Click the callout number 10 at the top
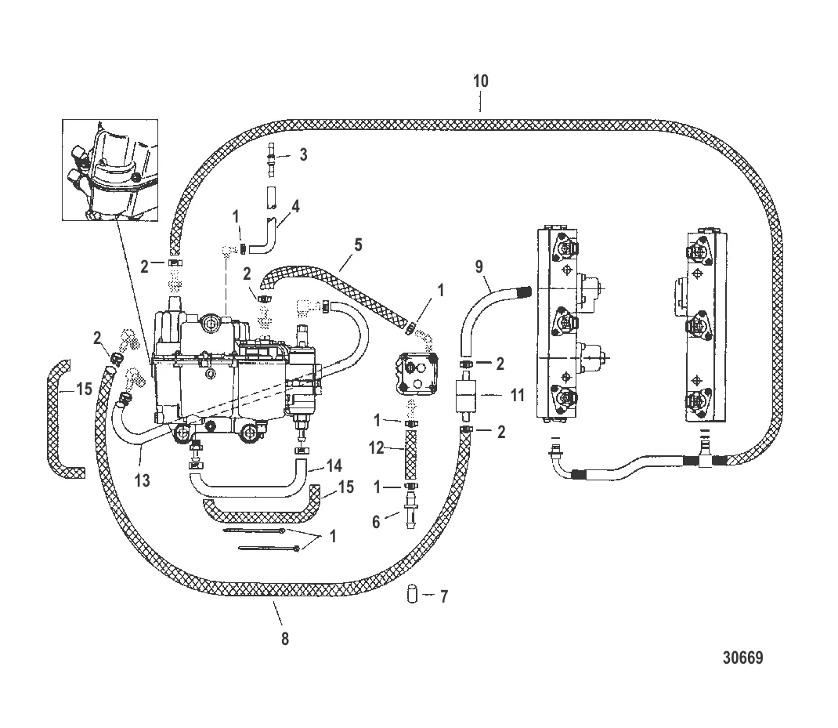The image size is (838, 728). pyautogui.click(x=480, y=81)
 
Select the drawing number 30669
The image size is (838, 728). pyautogui.click(x=743, y=657)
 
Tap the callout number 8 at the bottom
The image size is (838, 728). pyautogui.click(x=285, y=639)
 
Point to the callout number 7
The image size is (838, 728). pyautogui.click(x=443, y=596)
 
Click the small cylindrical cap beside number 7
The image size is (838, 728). pyautogui.click(x=412, y=594)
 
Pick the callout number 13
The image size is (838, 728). pyautogui.click(x=143, y=480)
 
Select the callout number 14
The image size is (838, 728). pyautogui.click(x=334, y=466)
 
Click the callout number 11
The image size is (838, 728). pyautogui.click(x=518, y=395)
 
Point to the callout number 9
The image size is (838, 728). pyautogui.click(x=479, y=266)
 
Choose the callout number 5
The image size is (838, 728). pyautogui.click(x=358, y=245)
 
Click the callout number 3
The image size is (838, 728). pyautogui.click(x=304, y=154)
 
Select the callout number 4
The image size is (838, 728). pyautogui.click(x=295, y=206)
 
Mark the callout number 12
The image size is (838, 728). pyautogui.click(x=376, y=447)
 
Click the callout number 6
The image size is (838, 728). pyautogui.click(x=376, y=522)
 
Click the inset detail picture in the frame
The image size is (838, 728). pyautogui.click(x=110, y=169)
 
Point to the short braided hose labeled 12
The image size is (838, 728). pyautogui.click(x=411, y=455)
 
